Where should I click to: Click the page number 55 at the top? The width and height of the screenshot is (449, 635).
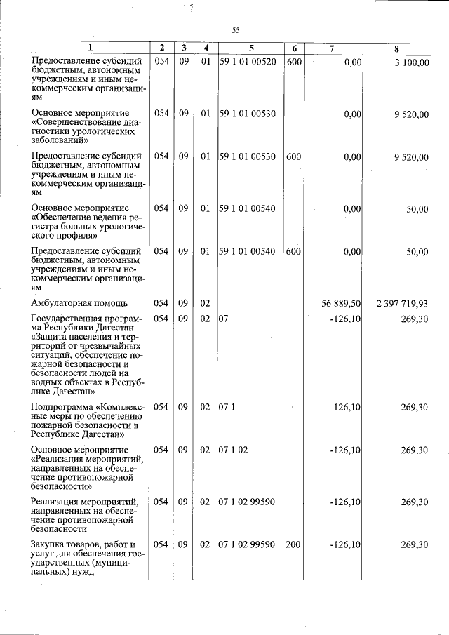tap(236, 29)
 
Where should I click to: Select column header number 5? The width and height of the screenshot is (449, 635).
tap(251, 48)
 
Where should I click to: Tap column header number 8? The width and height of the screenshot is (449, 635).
tap(396, 48)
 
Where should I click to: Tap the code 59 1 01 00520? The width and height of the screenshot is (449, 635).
tap(247, 62)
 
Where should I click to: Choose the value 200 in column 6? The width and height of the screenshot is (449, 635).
tap(293, 545)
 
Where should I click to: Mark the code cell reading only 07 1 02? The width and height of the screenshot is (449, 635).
tap(233, 450)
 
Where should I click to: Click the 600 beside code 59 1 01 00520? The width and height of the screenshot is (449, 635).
tap(293, 62)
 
